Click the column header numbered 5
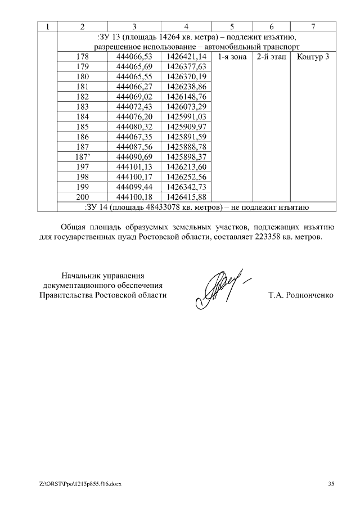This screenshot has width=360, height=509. pyautogui.click(x=232, y=26)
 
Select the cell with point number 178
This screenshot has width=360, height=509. pyautogui.click(x=83, y=57)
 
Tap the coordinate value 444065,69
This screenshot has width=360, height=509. pyautogui.click(x=133, y=67)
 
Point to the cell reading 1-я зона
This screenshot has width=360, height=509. pyautogui.click(x=232, y=57)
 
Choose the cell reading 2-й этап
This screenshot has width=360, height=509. pyautogui.click(x=271, y=57)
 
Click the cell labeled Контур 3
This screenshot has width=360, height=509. pyautogui.click(x=313, y=57)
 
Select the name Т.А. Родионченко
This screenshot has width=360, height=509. pyautogui.click(x=301, y=295)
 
